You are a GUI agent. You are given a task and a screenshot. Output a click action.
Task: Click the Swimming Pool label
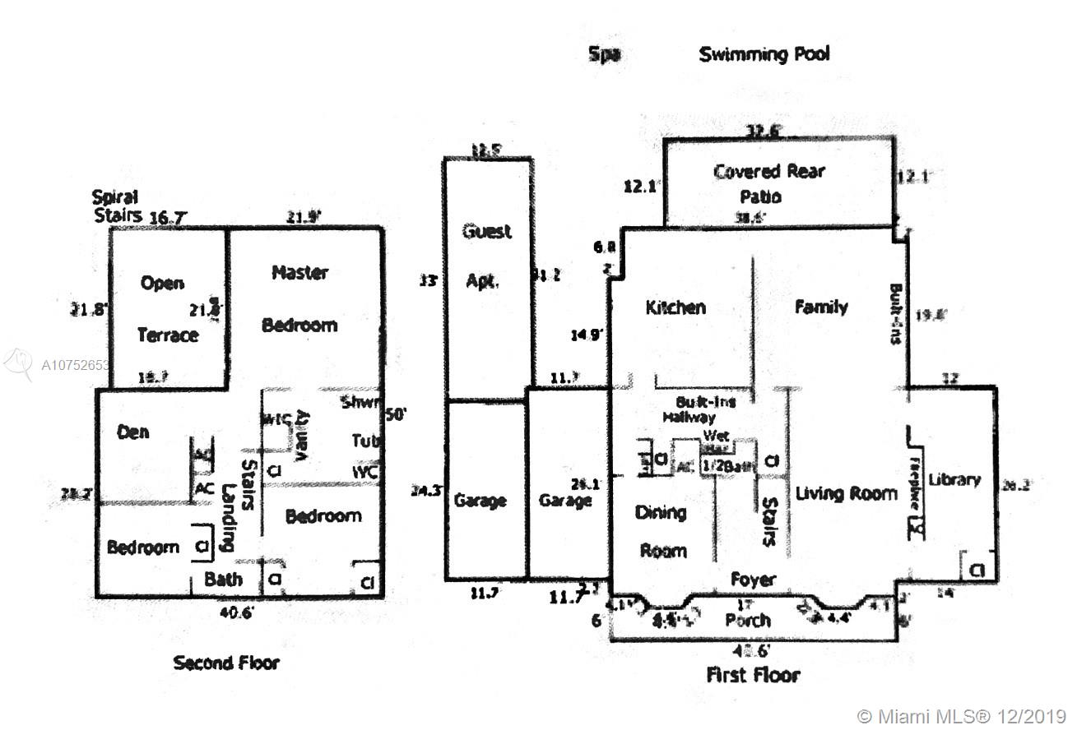click(x=764, y=55)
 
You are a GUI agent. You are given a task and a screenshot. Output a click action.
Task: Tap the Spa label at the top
click(x=604, y=55)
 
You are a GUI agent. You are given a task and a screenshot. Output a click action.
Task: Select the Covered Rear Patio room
click(x=768, y=183)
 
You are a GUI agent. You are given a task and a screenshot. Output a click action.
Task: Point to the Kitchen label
click(x=675, y=307)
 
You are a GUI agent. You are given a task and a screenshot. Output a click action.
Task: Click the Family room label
click(x=821, y=307)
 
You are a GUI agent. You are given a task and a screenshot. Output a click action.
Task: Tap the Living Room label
click(x=846, y=493)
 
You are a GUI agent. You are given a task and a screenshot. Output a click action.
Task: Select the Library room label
click(x=954, y=479)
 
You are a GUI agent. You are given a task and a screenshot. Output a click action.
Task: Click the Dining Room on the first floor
click(x=662, y=531)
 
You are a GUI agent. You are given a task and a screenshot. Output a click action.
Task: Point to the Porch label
click(x=748, y=620)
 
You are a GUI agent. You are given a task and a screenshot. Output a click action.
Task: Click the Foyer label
click(x=753, y=580)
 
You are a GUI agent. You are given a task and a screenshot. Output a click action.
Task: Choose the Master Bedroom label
click(x=299, y=298)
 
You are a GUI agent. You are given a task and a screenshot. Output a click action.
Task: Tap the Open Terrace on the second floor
click(x=166, y=308)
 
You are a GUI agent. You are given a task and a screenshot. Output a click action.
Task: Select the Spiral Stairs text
click(x=115, y=206)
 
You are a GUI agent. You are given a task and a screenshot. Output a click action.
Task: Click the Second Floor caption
click(x=225, y=663)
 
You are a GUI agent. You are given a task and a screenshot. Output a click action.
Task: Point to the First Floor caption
click(x=753, y=675)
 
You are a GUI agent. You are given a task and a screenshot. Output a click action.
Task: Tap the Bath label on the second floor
click(x=223, y=579)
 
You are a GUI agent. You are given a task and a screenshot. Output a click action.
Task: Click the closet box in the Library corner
click(x=976, y=569)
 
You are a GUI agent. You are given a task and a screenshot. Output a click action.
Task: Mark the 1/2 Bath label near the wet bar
click(x=727, y=466)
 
